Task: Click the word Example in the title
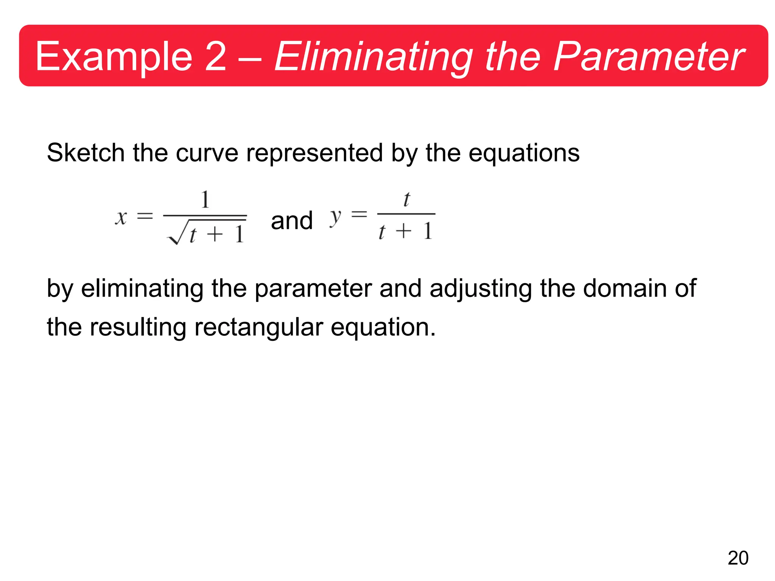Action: [x=114, y=57]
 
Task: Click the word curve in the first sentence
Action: [x=207, y=153]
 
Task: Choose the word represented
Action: [x=314, y=153]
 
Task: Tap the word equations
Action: [x=524, y=153]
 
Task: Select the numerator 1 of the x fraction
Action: [x=205, y=199]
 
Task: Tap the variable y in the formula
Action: [x=335, y=217]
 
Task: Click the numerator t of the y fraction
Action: [x=406, y=199]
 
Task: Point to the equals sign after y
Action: [x=359, y=214]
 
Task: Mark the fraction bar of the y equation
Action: [x=406, y=214]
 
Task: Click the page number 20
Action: [x=738, y=558]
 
